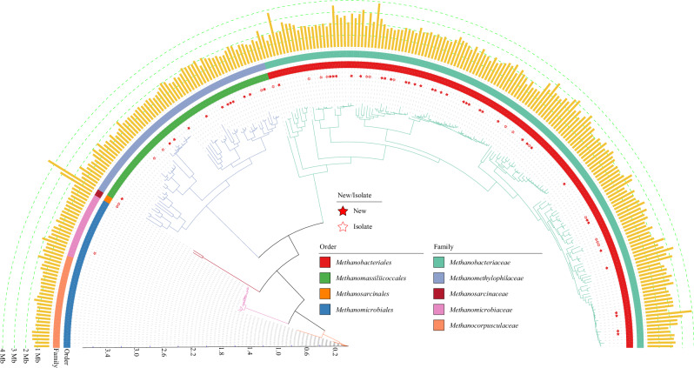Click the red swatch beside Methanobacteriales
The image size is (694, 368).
(x=325, y=262)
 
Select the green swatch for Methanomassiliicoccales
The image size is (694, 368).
(x=325, y=278)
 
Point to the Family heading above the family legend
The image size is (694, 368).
(x=444, y=246)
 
